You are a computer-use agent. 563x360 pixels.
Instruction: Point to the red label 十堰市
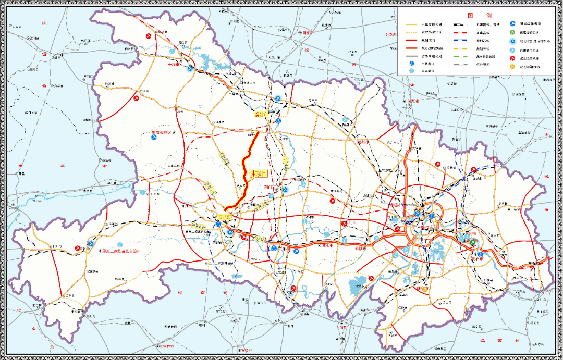[174, 65]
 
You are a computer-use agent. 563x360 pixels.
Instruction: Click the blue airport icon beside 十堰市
[191, 68]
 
